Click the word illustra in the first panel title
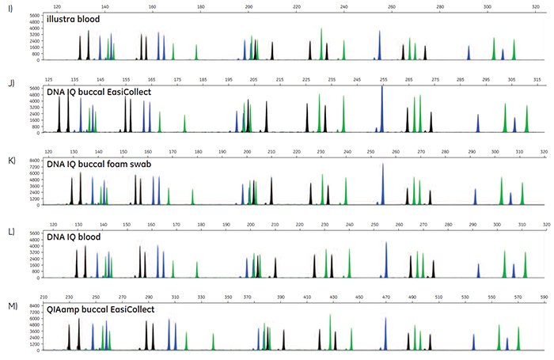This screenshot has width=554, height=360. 66,18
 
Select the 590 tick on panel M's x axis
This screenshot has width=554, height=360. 543,298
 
